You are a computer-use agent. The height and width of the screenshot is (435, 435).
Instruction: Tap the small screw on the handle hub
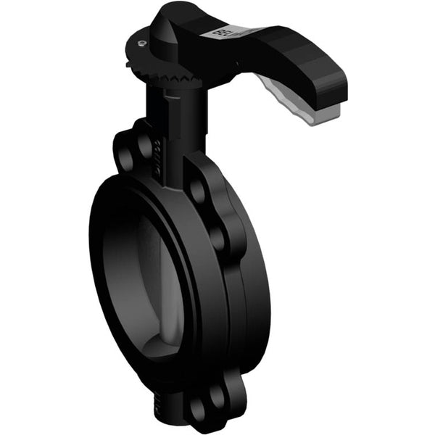(141, 43)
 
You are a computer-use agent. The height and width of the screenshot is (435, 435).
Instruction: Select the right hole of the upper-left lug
(146, 145)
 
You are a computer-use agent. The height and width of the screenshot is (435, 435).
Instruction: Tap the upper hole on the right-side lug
(196, 189)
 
